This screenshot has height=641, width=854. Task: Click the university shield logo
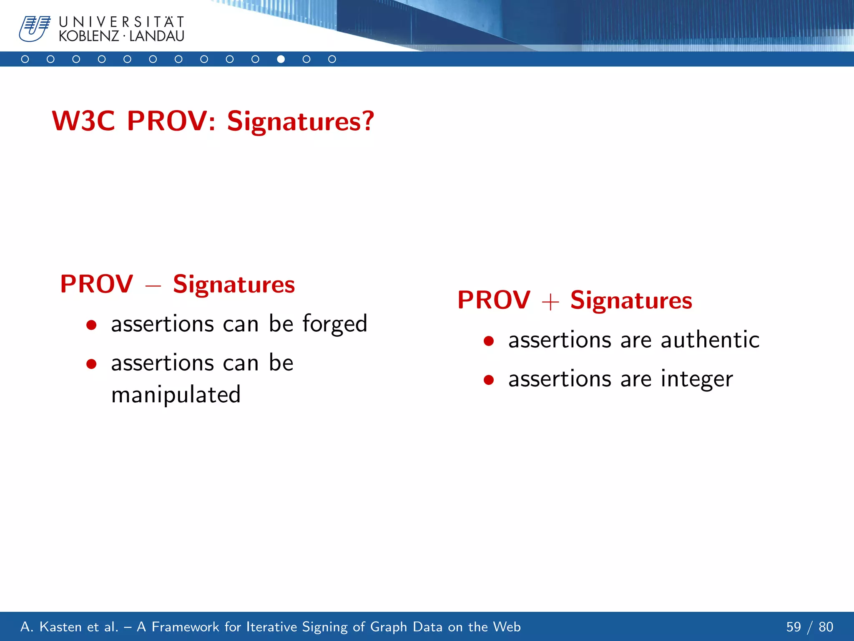pos(34,28)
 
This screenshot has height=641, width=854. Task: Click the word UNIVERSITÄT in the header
pos(121,22)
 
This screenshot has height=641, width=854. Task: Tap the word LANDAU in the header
pos(157,36)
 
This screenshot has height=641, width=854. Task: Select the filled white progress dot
pos(281,59)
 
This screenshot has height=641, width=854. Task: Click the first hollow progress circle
pos(25,59)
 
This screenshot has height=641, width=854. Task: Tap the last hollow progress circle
pos(332,59)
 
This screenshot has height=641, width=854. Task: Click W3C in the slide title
pos(83,121)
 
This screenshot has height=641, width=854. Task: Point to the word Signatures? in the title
pos(300,121)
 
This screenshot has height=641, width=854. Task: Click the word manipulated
pos(176,394)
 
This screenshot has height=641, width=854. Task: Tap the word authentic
pos(710,340)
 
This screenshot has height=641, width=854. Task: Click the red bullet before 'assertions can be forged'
pos(91,325)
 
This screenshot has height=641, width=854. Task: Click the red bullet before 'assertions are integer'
pos(489,380)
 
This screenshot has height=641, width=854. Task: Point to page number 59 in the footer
pos(793,627)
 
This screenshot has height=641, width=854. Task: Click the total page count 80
pos(826,627)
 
